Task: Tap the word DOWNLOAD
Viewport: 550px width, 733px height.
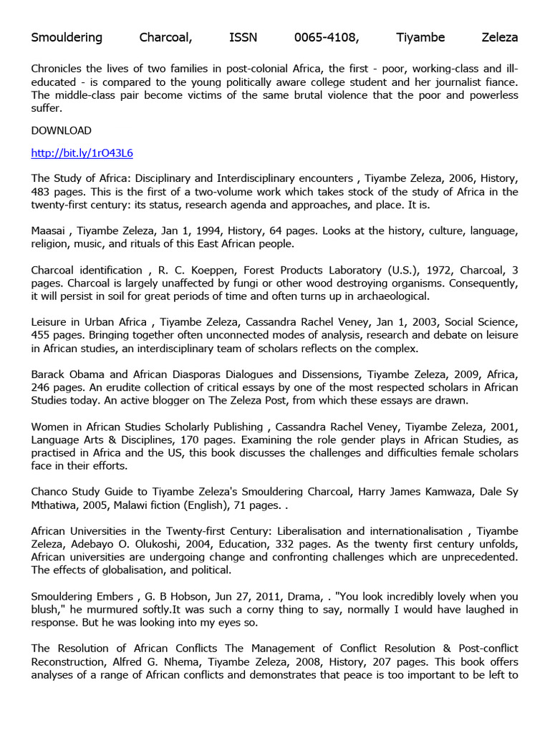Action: [x=62, y=130]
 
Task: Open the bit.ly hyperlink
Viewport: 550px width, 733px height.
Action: [x=82, y=153]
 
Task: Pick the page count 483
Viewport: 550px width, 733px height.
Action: [x=41, y=192]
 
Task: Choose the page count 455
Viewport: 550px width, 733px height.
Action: [x=41, y=335]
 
